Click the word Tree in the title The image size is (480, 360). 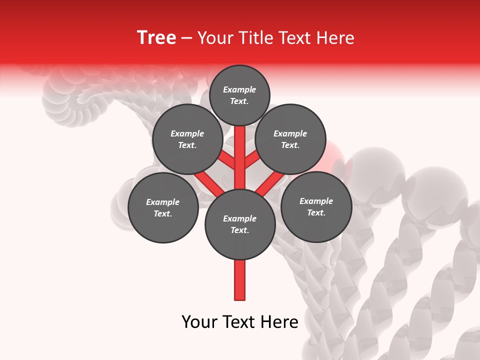click(x=156, y=37)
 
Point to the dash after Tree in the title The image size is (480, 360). click(x=187, y=38)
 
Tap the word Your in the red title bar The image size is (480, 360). click(x=215, y=38)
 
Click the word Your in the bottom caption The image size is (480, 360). click(x=199, y=322)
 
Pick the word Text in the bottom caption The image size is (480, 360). click(x=239, y=322)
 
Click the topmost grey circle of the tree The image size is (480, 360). click(x=239, y=95)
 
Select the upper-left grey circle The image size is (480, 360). click(x=187, y=139)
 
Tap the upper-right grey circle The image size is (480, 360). click(x=290, y=139)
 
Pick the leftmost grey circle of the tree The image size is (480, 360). click(x=163, y=207)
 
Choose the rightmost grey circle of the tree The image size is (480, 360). click(x=316, y=206)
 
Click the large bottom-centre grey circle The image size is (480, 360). click(x=240, y=224)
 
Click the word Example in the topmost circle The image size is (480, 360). click(x=239, y=89)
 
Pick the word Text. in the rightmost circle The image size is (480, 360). click(x=316, y=212)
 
